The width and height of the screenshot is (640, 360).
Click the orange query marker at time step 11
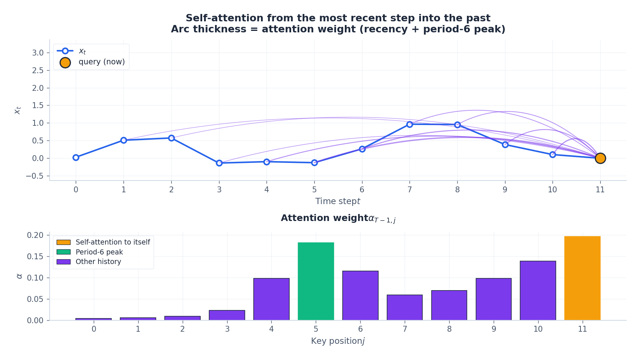click(600, 158)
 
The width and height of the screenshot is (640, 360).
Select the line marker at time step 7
click(410, 124)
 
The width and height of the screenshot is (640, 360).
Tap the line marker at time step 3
click(219, 163)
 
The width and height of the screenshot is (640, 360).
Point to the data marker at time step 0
click(76, 157)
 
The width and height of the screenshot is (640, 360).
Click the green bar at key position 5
click(316, 281)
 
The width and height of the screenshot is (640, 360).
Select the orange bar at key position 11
click(582, 278)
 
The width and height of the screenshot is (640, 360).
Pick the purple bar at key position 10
click(538, 291)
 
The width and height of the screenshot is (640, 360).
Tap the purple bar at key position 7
click(405, 307)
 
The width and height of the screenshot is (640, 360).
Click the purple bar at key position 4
click(271, 299)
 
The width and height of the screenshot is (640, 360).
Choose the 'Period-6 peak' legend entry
click(90, 252)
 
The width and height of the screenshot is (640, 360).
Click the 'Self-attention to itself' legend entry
click(103, 242)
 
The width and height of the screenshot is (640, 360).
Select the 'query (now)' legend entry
click(92, 62)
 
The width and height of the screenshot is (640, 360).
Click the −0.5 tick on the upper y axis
click(35, 176)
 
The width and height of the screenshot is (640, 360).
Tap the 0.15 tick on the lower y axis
click(35, 256)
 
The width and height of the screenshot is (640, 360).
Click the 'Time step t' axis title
click(338, 202)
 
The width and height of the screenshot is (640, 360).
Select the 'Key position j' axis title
click(338, 341)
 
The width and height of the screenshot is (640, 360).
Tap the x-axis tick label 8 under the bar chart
click(449, 329)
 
